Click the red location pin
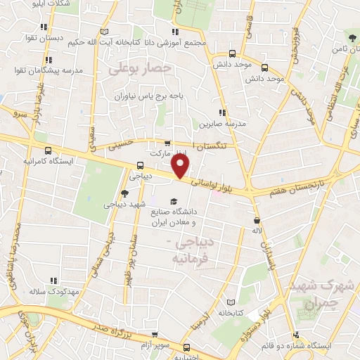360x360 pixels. [182, 166]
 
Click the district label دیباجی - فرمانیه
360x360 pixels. [191, 250]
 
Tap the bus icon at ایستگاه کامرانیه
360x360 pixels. [49, 150]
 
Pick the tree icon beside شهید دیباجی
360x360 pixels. [124, 193]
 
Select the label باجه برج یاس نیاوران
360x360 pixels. [151, 94]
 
